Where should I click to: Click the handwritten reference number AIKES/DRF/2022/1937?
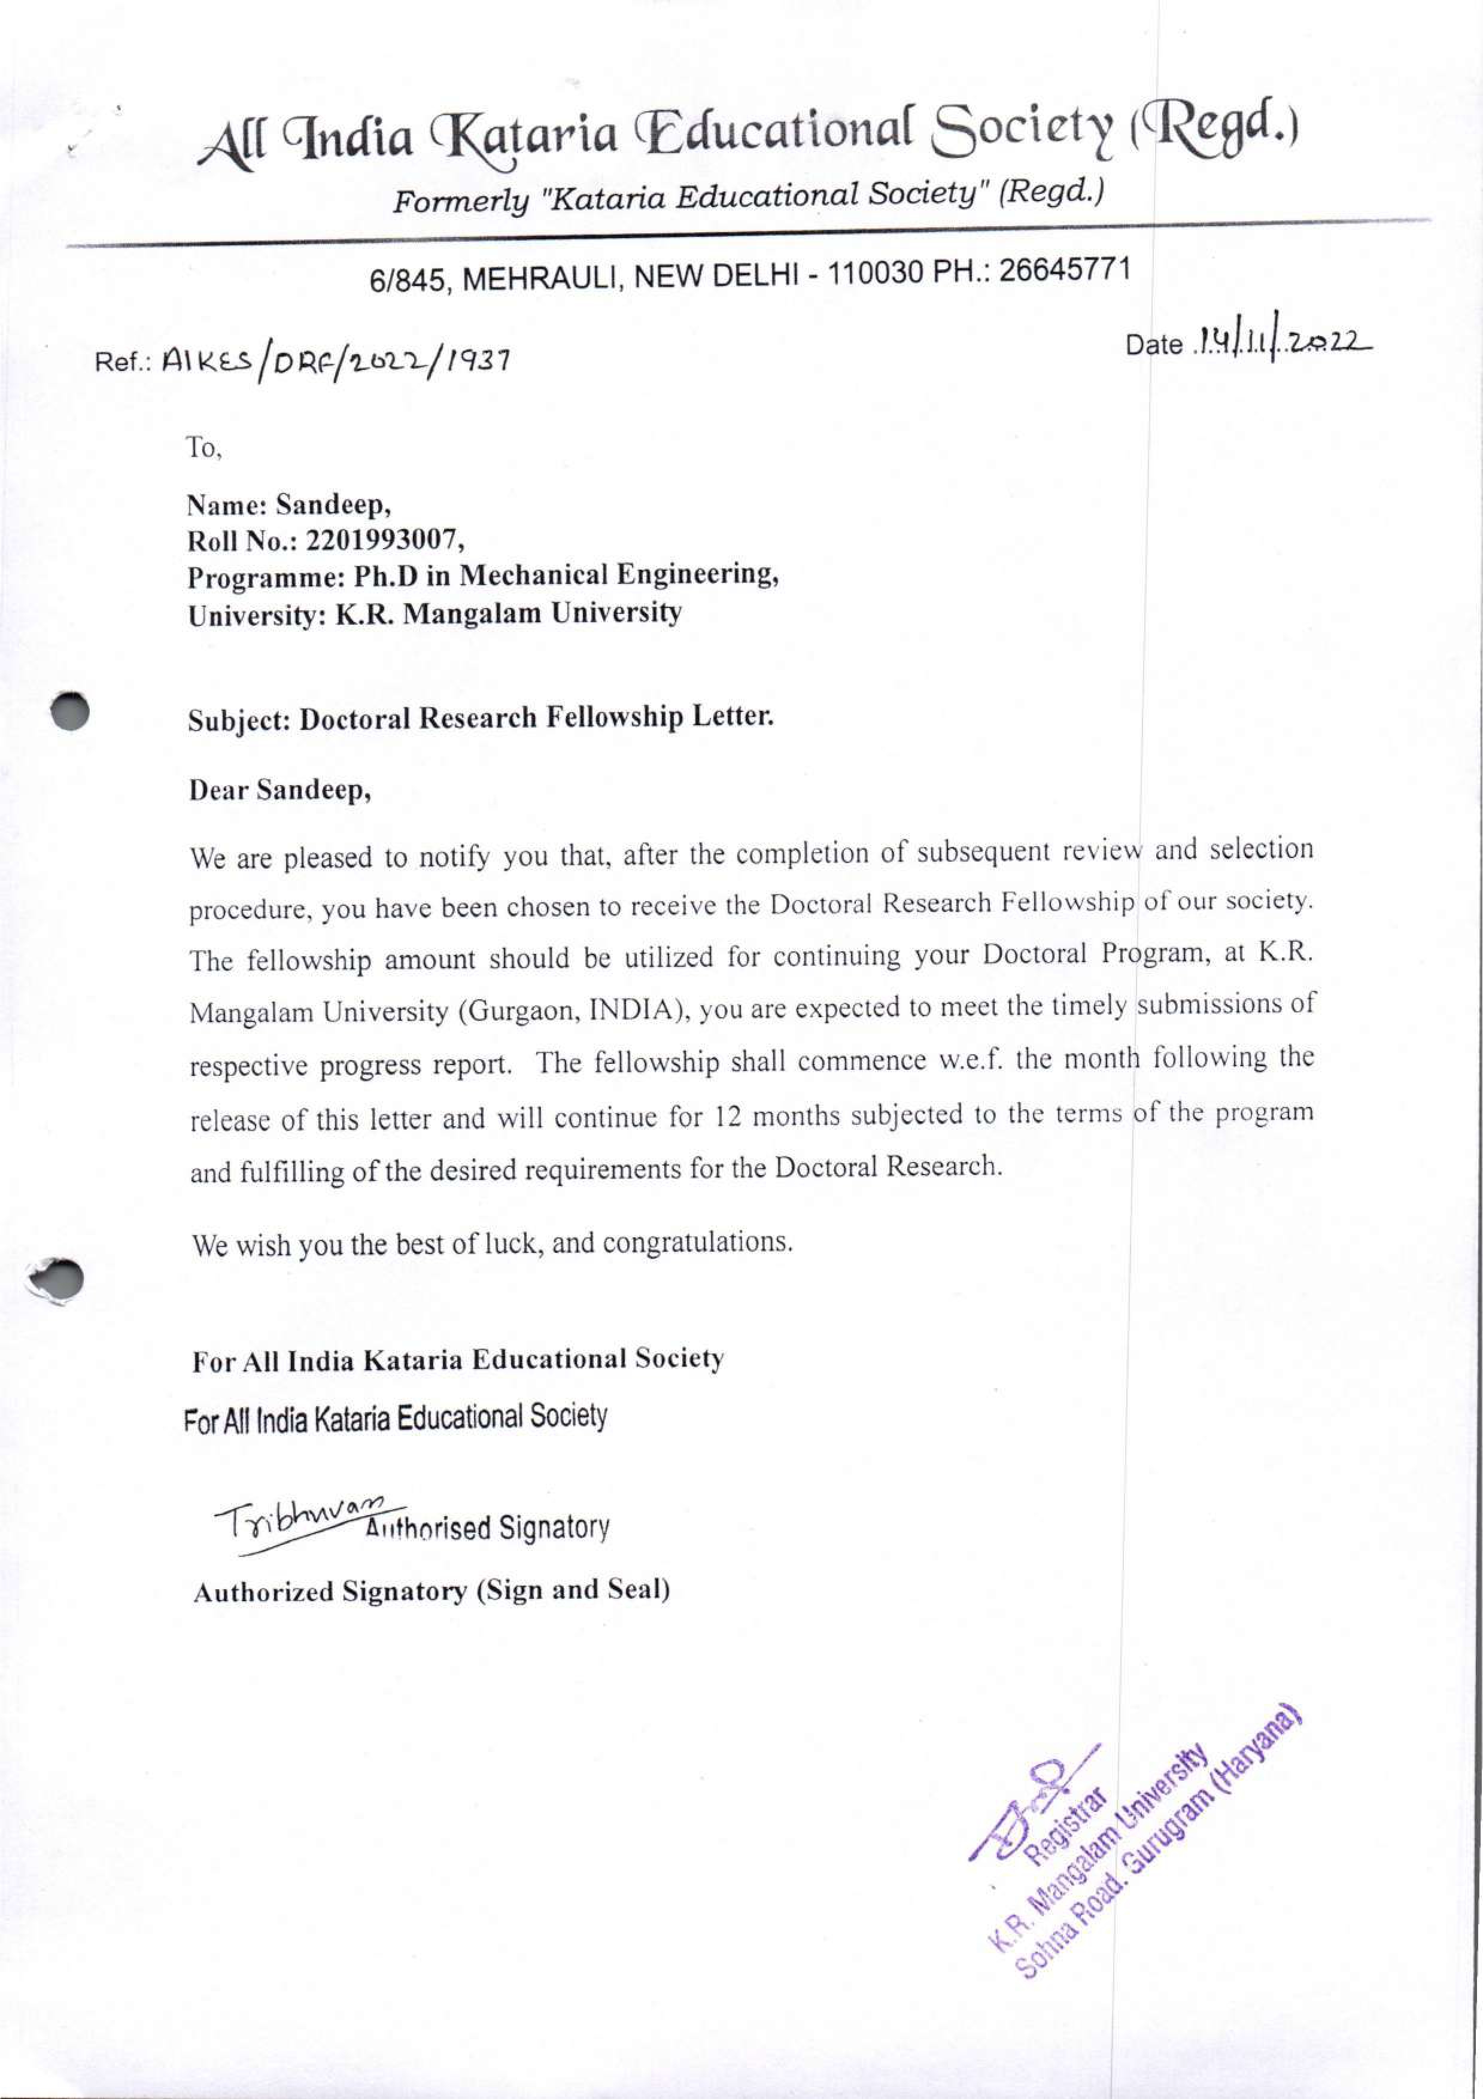(x=335, y=362)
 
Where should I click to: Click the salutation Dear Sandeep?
(x=279, y=790)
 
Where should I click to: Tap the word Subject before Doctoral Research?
(x=239, y=719)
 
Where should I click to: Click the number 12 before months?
(x=728, y=1117)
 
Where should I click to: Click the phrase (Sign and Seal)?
(x=573, y=1591)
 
